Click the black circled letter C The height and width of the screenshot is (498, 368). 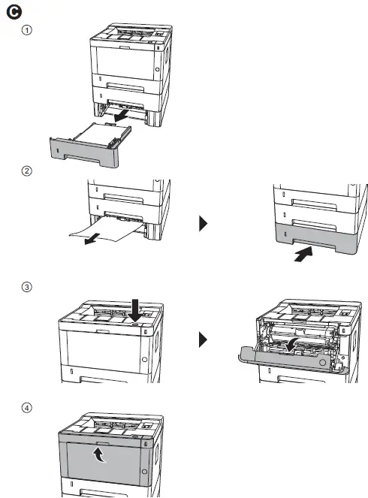[x=12, y=13]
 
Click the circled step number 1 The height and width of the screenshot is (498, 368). [x=27, y=31]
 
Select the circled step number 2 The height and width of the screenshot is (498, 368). [x=27, y=171]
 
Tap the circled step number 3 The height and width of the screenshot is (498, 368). [x=27, y=286]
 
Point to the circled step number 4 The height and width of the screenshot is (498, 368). [x=27, y=408]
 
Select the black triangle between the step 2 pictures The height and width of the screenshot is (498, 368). [x=203, y=224]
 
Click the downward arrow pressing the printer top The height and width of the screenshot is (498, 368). [x=134, y=309]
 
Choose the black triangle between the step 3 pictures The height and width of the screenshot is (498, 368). [x=203, y=340]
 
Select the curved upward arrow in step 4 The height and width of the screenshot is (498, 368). [x=98, y=454]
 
